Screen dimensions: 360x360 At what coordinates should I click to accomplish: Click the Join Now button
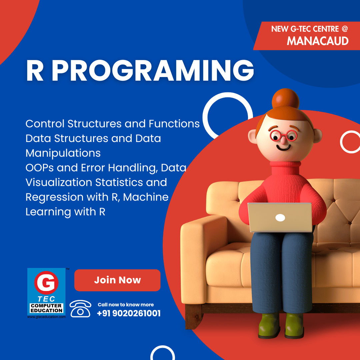tap(117, 280)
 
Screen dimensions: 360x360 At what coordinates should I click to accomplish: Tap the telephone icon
tap(80, 309)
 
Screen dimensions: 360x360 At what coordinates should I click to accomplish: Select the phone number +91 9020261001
tap(129, 313)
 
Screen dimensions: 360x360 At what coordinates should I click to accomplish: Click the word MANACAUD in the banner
tap(318, 41)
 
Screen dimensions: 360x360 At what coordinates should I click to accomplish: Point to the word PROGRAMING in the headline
tap(153, 70)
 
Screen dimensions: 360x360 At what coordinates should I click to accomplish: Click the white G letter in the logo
tap(46, 283)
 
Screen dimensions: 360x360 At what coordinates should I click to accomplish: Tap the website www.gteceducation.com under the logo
tap(46, 317)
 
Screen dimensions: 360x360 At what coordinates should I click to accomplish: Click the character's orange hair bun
tap(285, 99)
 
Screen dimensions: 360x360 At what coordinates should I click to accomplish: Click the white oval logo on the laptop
tap(280, 217)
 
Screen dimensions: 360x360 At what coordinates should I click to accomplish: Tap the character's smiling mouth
tap(283, 147)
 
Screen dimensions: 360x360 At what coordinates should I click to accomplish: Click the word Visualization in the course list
tap(59, 183)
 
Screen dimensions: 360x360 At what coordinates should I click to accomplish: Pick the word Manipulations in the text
tap(63, 153)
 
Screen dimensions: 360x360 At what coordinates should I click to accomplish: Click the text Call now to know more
tap(126, 305)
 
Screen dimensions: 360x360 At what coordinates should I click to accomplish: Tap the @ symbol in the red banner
tap(344, 29)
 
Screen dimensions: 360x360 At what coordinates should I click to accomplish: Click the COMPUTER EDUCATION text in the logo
tap(46, 308)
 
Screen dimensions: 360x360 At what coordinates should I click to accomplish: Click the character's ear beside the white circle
tap(318, 135)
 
